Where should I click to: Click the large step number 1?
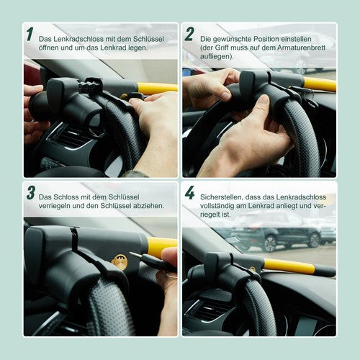pyautogui.click(x=30, y=34)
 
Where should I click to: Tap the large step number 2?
pyautogui.click(x=189, y=34)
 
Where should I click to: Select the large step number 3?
pyautogui.click(x=31, y=192)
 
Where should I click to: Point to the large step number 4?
pyautogui.click(x=189, y=192)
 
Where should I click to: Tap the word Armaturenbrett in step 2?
pyautogui.click(x=302, y=48)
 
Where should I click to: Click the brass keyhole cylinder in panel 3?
pyautogui.click(x=120, y=262)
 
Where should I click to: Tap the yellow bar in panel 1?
pyautogui.click(x=157, y=88)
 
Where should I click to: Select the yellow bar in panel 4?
pyautogui.click(x=289, y=266)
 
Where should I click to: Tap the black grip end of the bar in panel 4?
pyautogui.click(x=325, y=271)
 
